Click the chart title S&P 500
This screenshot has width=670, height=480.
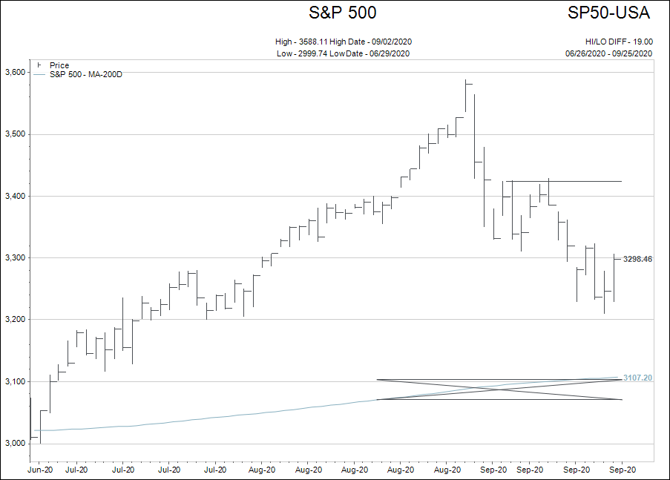coord(342,13)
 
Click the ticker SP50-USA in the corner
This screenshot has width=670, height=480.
coord(609,13)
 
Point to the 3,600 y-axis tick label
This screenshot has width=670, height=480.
coord(15,72)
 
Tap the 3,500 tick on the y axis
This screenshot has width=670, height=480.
coord(15,134)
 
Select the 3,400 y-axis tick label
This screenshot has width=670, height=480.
coord(15,196)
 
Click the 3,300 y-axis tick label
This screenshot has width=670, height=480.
coord(15,257)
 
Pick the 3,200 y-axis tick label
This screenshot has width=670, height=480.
coord(15,320)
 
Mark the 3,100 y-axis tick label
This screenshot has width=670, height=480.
coord(15,381)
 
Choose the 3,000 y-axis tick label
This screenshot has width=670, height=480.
coord(15,443)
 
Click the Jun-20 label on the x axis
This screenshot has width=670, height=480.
coord(40,469)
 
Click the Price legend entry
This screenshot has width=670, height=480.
coord(59,65)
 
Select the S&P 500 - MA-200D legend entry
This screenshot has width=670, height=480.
coord(85,74)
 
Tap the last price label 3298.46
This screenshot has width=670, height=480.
coord(637,259)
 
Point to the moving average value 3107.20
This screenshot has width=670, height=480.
coord(637,378)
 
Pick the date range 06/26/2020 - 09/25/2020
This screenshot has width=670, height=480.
coord(608,53)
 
